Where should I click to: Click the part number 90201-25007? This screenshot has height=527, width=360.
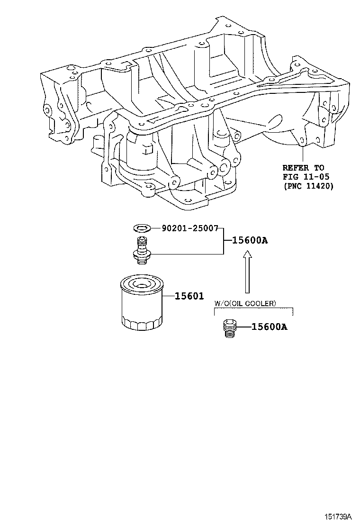[189, 228]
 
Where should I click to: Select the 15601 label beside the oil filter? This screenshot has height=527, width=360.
[189, 296]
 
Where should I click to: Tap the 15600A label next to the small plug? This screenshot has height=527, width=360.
[269, 327]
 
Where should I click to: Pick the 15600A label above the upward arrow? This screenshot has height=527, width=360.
[250, 240]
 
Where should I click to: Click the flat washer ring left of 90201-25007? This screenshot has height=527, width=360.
[141, 228]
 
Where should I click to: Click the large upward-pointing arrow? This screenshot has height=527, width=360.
[246, 273]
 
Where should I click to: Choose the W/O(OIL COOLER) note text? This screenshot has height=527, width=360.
[245, 303]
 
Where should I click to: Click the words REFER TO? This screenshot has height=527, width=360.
[303, 167]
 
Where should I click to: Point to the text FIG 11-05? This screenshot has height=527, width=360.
[303, 177]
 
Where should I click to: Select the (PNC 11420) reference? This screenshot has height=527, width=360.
[308, 186]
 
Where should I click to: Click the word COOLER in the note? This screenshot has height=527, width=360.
[262, 303]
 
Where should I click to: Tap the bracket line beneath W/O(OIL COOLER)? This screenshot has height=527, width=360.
[253, 309]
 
